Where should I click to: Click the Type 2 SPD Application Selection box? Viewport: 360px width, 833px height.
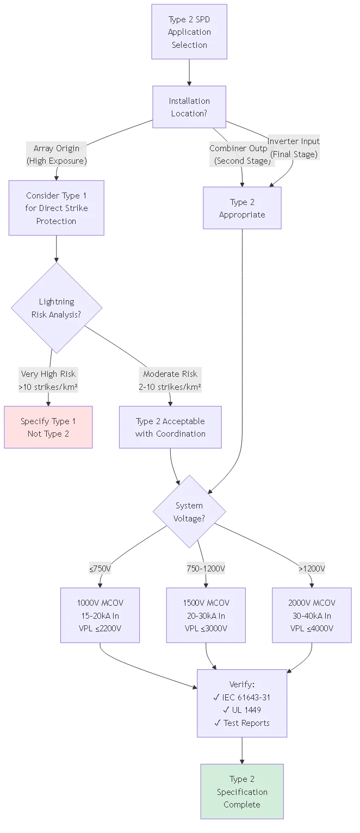[x=189, y=32]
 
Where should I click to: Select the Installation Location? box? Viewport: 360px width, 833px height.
[x=189, y=107]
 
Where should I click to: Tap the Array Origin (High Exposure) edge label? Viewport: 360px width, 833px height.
[x=57, y=154]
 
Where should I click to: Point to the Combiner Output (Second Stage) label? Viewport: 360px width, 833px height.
[x=239, y=154]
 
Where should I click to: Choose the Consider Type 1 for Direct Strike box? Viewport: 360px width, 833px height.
[x=56, y=208]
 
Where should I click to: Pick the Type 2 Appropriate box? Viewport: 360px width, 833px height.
[x=242, y=208]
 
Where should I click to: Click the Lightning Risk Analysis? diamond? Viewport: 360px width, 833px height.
[x=57, y=308]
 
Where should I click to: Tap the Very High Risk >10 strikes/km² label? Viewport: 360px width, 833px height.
[x=48, y=381]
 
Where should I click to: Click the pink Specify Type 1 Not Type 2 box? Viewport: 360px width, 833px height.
[x=48, y=427]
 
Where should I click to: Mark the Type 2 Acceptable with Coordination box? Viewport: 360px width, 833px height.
[x=170, y=427]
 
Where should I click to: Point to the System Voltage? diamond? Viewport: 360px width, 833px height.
[x=189, y=512]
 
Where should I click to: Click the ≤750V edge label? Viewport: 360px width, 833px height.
[x=101, y=569]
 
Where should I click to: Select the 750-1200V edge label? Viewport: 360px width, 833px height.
[x=204, y=569]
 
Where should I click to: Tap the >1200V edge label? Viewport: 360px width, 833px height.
[x=311, y=569]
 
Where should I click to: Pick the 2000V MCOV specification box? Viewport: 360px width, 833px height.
[x=312, y=616]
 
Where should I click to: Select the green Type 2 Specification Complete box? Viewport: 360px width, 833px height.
[x=242, y=792]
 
